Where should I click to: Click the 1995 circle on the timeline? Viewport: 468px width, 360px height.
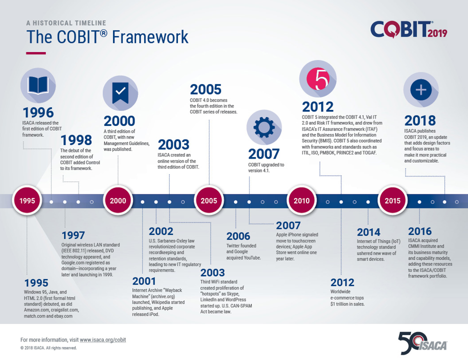tap(27, 201)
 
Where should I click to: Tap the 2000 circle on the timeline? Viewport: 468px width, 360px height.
tap(118, 201)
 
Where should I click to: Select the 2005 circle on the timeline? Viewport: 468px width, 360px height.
tap(209, 201)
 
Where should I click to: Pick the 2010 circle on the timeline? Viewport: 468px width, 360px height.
tap(301, 201)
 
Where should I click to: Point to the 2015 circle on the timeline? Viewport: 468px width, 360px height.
tap(392, 201)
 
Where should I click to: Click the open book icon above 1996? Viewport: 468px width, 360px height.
tap(37, 84)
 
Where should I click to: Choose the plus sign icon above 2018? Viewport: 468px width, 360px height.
tap(421, 90)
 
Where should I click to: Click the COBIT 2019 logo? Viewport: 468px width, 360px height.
tap(408, 29)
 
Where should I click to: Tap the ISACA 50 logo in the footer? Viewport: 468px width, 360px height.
tap(422, 342)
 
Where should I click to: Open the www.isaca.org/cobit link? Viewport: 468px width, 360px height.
tap(103, 339)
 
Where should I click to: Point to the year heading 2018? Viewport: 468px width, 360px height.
tap(420, 120)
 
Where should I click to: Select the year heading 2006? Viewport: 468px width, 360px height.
tap(238, 236)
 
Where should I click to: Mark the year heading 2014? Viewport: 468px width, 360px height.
tap(369, 232)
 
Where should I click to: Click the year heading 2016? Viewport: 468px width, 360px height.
tap(420, 231)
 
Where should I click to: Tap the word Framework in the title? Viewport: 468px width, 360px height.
tap(150, 37)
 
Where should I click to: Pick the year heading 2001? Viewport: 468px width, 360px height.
tap(144, 281)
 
